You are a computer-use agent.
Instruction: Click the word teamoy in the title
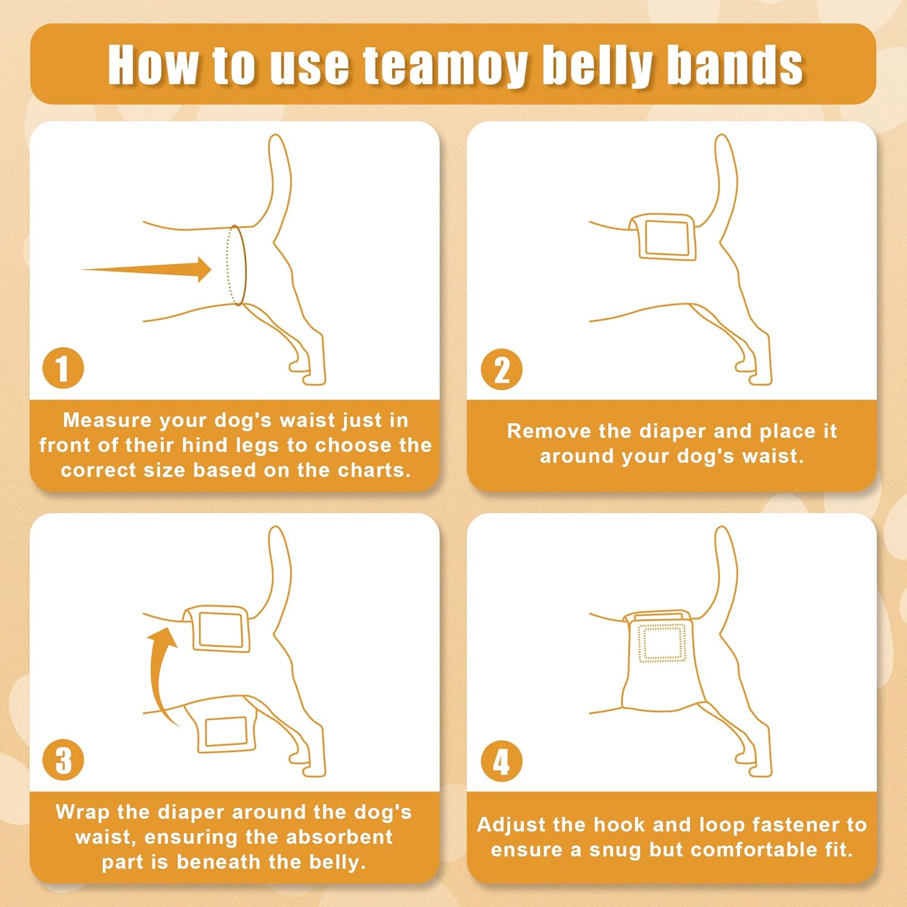[444, 65]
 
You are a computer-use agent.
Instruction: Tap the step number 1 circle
[63, 368]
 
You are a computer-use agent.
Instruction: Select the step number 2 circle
[501, 369]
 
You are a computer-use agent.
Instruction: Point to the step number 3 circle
[63, 760]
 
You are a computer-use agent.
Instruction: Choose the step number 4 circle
[501, 761]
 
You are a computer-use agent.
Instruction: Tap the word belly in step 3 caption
[337, 862]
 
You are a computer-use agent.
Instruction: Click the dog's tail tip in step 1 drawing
[276, 141]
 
